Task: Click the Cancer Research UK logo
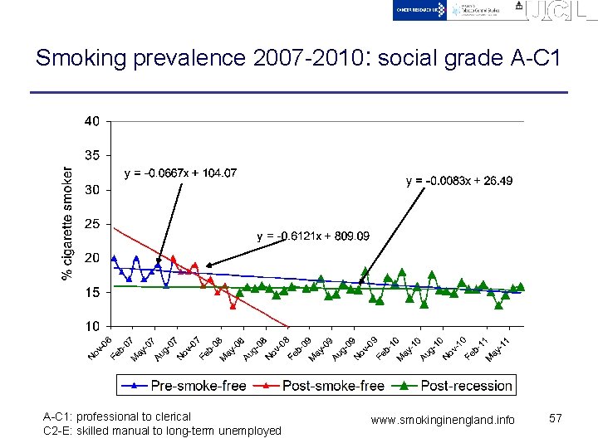pyautogui.click(x=419, y=10)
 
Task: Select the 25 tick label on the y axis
pyautogui.click(x=91, y=224)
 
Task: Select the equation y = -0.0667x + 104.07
pyautogui.click(x=180, y=173)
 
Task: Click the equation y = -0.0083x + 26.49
pyautogui.click(x=459, y=181)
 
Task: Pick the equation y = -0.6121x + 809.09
pyautogui.click(x=313, y=236)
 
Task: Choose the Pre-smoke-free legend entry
pyautogui.click(x=184, y=385)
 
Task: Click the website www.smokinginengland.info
pyautogui.click(x=443, y=421)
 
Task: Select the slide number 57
pyautogui.click(x=556, y=419)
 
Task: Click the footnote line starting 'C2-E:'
pyautogui.click(x=162, y=431)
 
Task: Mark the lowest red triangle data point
pyautogui.click(x=233, y=306)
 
